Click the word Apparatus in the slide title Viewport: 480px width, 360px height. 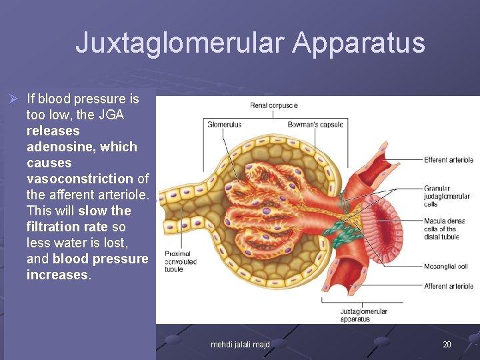358,43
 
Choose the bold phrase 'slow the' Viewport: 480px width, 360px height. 103,211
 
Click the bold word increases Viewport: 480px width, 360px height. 57,275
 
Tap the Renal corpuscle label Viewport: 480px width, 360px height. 273,105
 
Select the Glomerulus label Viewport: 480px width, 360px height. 225,125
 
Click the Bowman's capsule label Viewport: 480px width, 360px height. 315,125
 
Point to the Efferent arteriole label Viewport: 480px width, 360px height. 448,160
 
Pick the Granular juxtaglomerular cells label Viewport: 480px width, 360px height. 446,196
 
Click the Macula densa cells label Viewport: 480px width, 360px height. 444,229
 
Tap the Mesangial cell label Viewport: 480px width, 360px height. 445,267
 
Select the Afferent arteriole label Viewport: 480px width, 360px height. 448,286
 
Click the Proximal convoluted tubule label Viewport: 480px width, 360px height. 180,261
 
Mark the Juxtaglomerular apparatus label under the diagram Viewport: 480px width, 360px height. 363,315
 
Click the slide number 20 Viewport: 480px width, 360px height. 447,344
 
